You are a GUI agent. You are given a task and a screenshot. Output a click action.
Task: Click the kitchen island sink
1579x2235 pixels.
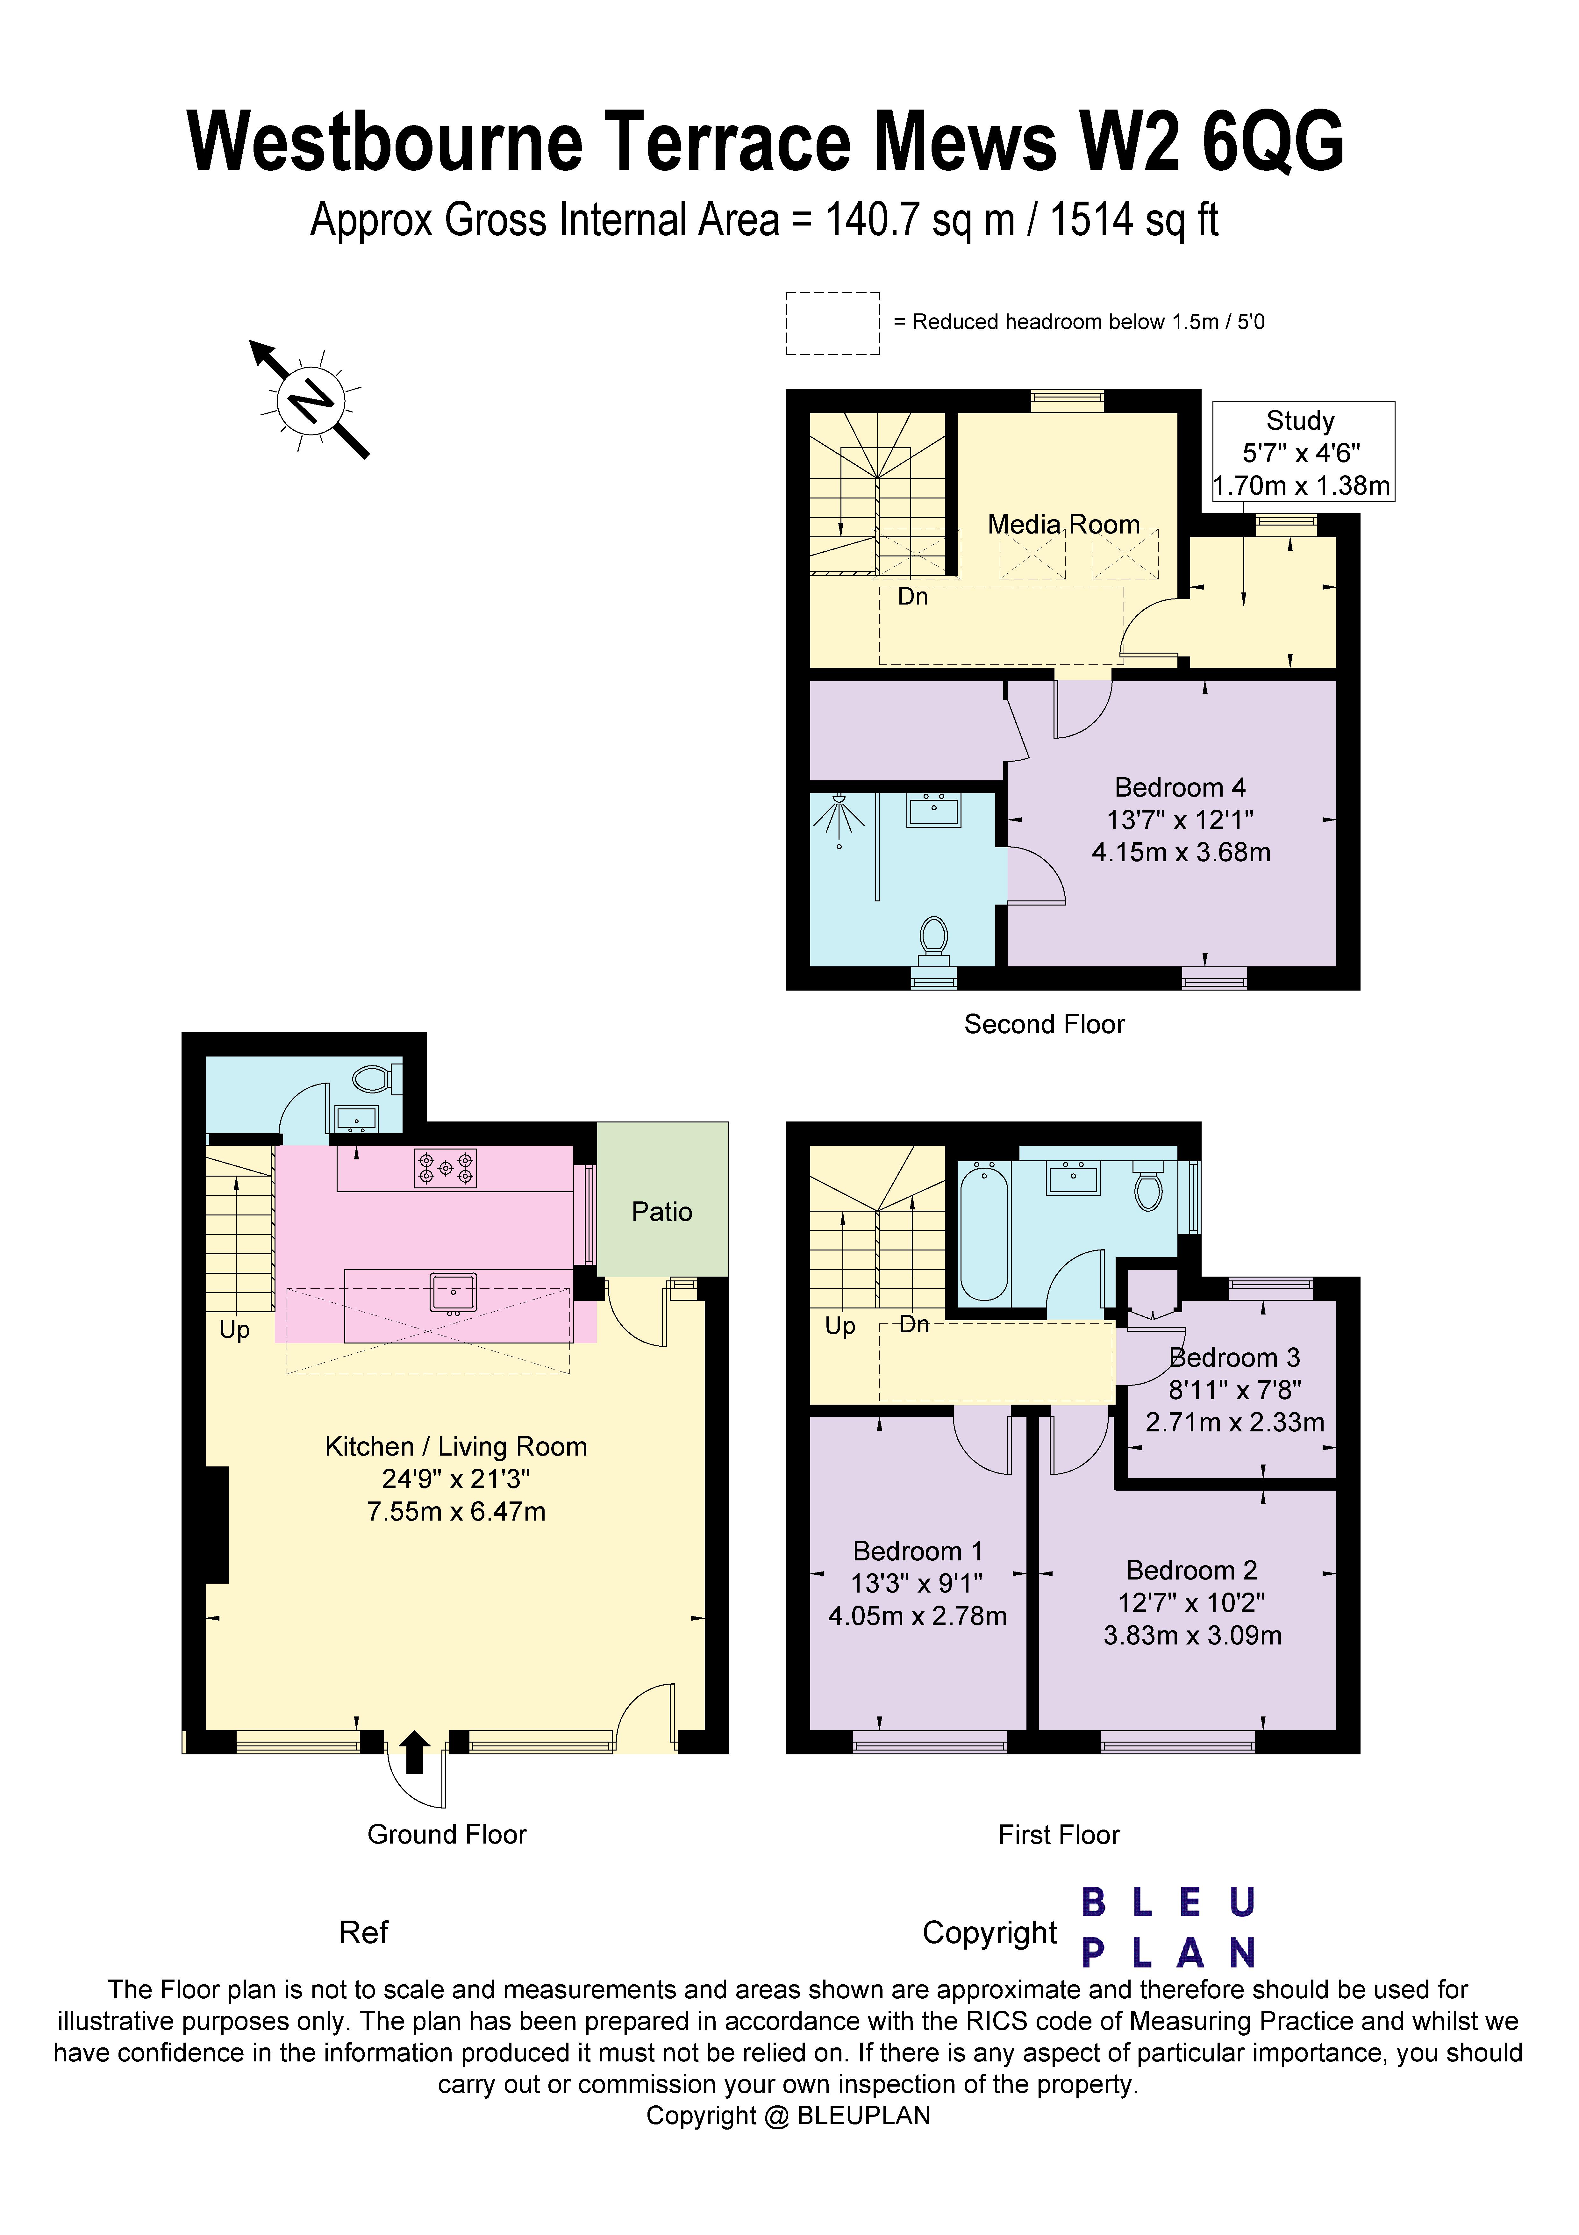coord(453,1293)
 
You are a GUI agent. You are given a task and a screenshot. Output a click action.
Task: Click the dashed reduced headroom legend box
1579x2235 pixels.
coord(832,323)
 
